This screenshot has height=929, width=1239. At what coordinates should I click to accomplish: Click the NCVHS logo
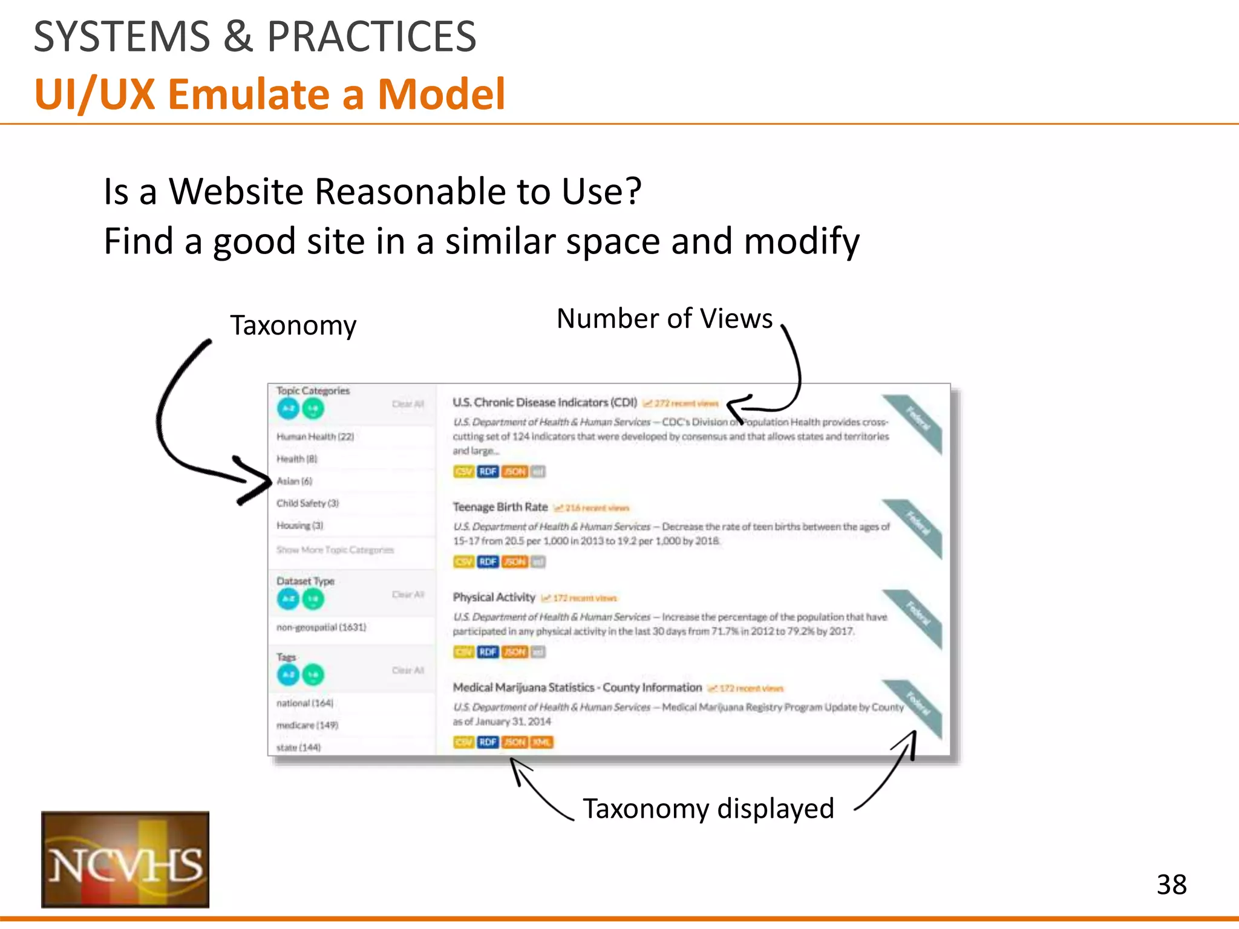pos(125,859)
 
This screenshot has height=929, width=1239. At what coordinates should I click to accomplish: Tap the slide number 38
pos(1171,885)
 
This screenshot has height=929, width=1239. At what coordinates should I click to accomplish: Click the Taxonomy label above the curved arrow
pos(293,325)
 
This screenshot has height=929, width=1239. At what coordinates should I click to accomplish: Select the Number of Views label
pos(664,319)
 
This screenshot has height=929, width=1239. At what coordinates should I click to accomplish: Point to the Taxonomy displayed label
pos(708,809)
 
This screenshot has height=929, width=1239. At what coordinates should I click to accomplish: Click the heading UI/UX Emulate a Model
pos(270,94)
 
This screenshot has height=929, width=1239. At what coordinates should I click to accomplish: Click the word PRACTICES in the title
pos(371,37)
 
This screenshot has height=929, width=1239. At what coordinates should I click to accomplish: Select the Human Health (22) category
pos(315,437)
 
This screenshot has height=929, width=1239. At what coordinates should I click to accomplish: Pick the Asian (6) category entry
pos(295,481)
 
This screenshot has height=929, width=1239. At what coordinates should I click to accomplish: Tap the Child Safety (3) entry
pos(307,503)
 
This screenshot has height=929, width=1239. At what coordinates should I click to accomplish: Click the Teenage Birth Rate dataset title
pos(500,507)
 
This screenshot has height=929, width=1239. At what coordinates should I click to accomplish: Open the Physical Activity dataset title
pos(494,597)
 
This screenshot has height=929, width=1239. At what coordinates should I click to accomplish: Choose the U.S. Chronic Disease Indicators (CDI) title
pos(544,402)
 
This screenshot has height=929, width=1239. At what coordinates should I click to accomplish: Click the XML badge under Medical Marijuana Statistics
pos(541,742)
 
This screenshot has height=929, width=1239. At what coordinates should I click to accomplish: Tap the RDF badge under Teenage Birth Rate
pos(488,562)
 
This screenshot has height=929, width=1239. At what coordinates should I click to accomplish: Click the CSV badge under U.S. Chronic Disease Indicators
pos(463,471)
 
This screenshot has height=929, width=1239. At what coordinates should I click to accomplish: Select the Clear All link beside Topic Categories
pos(408,404)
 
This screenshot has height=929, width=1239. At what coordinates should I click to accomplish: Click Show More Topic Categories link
pos(335,550)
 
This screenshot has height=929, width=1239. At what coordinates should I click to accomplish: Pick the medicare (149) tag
pos(307,725)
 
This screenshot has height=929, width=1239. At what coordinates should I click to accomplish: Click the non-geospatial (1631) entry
pos(321,627)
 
